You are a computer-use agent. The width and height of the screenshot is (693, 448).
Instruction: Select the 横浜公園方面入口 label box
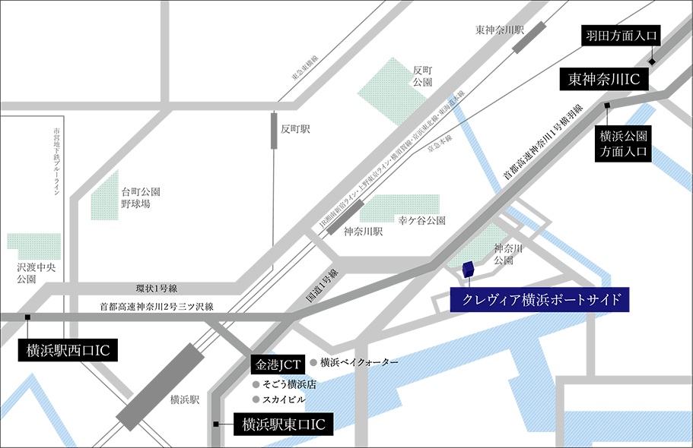tap(623, 144)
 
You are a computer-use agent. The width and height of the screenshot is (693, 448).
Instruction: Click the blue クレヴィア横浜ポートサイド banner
tap(540, 299)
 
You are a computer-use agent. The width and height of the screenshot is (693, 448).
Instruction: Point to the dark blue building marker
tap(468, 270)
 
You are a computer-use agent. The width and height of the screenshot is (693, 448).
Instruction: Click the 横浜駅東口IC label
tap(282, 424)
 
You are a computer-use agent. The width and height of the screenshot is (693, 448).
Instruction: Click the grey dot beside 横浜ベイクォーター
tap(313, 363)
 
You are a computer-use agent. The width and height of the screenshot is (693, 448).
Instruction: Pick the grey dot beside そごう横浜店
tap(256, 385)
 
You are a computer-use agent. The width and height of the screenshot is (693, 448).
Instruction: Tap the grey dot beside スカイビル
tap(256, 399)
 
